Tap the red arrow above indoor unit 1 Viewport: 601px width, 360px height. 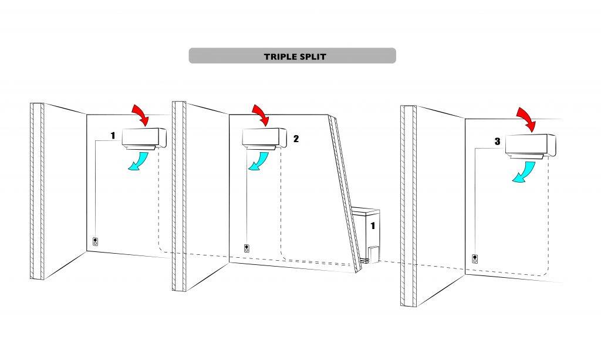pyautogui.click(x=140, y=115)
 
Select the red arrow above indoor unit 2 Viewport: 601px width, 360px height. pyautogui.click(x=261, y=115)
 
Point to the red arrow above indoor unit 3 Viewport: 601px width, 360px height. pyautogui.click(x=526, y=120)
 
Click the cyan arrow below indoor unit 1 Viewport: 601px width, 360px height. pyautogui.click(x=139, y=161)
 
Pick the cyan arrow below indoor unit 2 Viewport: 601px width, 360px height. pyautogui.click(x=259, y=161)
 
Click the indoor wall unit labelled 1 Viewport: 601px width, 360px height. pyautogui.click(x=144, y=139)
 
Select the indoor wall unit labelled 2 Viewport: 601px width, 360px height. pyautogui.click(x=265, y=139)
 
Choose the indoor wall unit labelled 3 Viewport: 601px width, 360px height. pyautogui.click(x=531, y=146)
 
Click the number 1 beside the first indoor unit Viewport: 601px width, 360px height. pyautogui.click(x=113, y=135)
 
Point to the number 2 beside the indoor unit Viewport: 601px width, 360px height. pyautogui.click(x=296, y=139)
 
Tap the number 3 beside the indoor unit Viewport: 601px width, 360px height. pyautogui.click(x=497, y=142)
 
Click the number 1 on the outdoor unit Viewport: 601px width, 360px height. pyautogui.click(x=373, y=226)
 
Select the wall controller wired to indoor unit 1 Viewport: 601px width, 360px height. pyautogui.click(x=96, y=241)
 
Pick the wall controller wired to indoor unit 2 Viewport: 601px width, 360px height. pyautogui.click(x=247, y=248)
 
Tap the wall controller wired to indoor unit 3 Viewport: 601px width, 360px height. pyautogui.click(x=475, y=259)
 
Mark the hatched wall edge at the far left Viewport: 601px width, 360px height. pyautogui.click(x=37, y=191)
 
